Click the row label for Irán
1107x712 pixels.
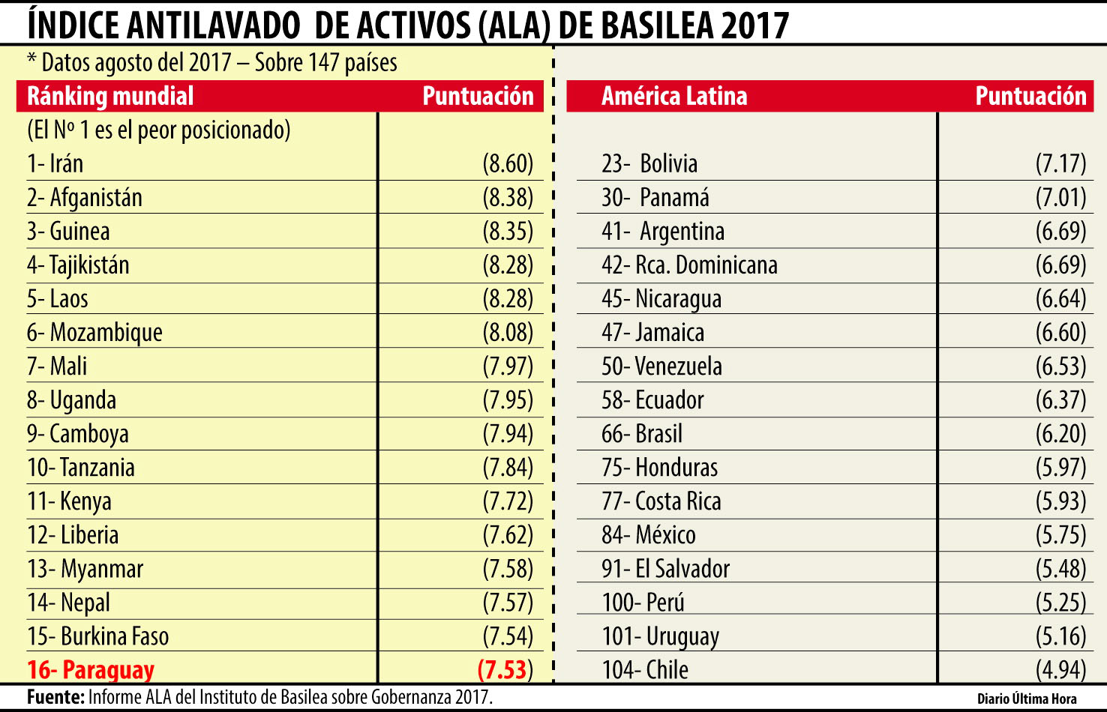pos(55,163)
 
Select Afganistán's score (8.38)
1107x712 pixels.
pos(508,197)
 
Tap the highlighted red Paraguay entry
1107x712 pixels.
pos(91,669)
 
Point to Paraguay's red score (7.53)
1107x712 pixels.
pos(505,669)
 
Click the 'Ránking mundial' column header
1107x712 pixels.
pos(110,96)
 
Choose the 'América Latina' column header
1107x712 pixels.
pos(674,96)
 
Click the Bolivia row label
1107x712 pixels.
pos(649,163)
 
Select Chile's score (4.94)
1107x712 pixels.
pos(1060,669)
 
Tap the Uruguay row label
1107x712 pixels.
pos(661,636)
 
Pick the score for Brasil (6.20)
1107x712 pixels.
pos(1060,433)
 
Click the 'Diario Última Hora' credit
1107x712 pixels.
pos(1027,699)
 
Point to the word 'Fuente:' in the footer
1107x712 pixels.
pos(55,697)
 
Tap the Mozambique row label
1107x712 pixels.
pos(94,332)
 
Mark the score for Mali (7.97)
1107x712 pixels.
pos(508,366)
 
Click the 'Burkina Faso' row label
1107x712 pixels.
pos(98,636)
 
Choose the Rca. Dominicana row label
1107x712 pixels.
pos(689,265)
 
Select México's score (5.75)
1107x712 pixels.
pos(1060,534)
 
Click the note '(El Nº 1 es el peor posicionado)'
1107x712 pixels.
pos(158,130)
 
